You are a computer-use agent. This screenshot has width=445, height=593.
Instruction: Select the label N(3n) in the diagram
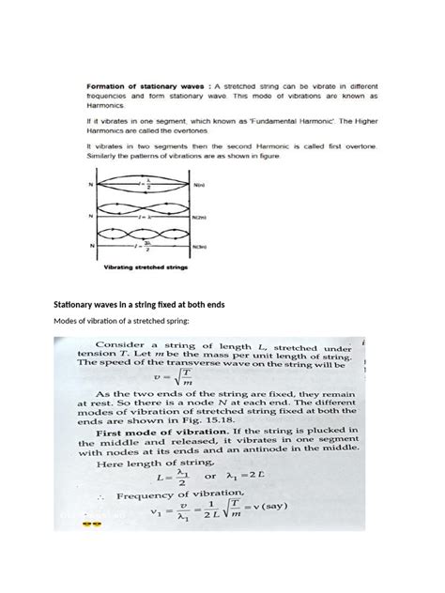click(x=199, y=247)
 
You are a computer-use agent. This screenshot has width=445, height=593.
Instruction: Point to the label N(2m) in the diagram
click(x=199, y=218)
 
